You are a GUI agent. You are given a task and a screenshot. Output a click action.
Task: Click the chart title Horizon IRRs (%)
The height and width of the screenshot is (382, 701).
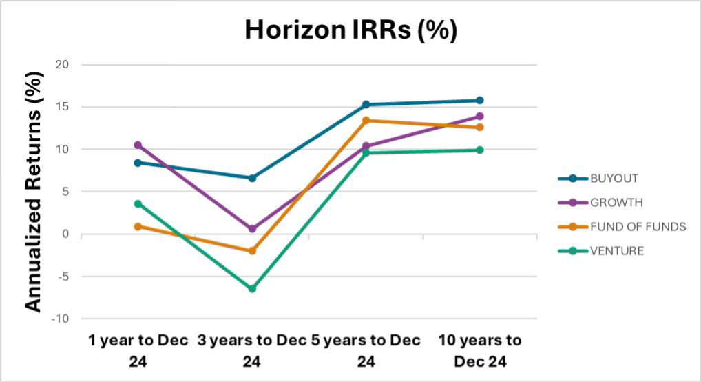(351, 31)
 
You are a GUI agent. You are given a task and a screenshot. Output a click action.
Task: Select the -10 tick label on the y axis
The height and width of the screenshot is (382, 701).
(64, 319)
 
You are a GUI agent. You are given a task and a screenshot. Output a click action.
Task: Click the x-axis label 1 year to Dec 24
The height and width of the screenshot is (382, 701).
(137, 350)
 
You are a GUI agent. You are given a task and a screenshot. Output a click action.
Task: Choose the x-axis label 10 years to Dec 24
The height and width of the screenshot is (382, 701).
(480, 350)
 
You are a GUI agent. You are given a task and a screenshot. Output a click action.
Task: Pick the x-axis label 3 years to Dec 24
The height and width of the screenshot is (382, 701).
(251, 350)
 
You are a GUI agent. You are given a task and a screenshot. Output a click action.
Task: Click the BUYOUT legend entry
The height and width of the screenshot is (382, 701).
(614, 179)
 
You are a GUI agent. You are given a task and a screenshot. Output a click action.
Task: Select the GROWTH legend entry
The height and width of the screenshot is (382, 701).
(616, 203)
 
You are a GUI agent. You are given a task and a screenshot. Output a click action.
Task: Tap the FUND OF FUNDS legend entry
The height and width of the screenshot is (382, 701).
(638, 227)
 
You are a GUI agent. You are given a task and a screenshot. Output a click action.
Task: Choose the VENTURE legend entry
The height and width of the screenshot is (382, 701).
(616, 251)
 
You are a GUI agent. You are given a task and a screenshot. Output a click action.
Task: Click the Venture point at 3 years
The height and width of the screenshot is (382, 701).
(252, 289)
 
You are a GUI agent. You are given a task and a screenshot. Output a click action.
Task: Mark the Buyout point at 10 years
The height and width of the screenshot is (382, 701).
(480, 101)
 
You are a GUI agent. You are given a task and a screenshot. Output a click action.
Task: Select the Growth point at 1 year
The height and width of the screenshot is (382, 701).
(138, 145)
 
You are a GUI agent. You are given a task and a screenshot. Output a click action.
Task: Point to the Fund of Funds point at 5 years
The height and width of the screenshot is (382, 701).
(366, 121)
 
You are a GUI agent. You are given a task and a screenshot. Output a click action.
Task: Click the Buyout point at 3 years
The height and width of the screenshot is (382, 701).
(252, 178)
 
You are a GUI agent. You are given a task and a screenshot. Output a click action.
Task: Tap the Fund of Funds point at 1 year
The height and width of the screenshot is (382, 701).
(138, 226)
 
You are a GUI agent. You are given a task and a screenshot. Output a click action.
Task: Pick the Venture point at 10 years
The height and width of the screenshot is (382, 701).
(480, 150)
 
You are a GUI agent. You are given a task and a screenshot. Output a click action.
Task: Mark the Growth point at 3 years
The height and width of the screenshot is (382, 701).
(252, 229)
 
